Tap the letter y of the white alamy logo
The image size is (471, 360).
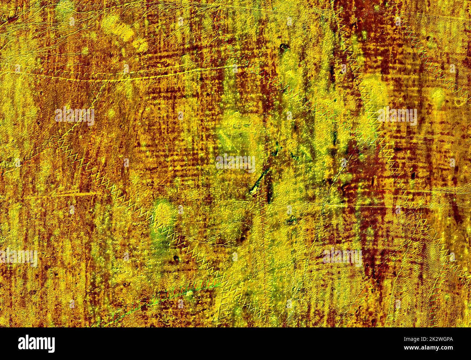[51, 344]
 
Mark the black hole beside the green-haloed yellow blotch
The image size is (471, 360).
[176, 258]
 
